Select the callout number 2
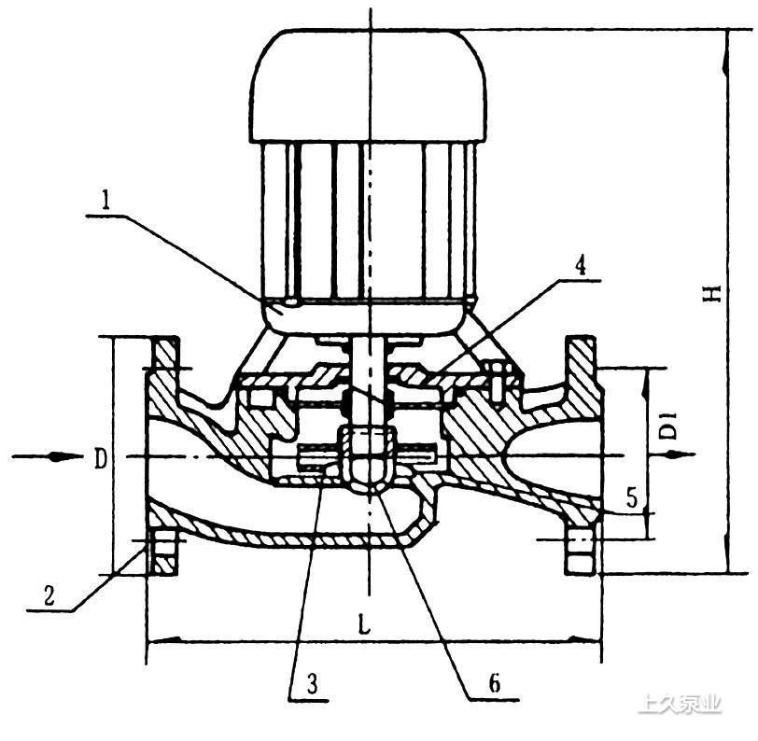pyautogui.click(x=49, y=595)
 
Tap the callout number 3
pyautogui.click(x=313, y=684)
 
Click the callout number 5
pyautogui.click(x=633, y=496)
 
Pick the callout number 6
pyautogui.click(x=495, y=683)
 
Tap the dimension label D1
pyautogui.click(x=669, y=426)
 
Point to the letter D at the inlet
pyautogui.click(x=100, y=459)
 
